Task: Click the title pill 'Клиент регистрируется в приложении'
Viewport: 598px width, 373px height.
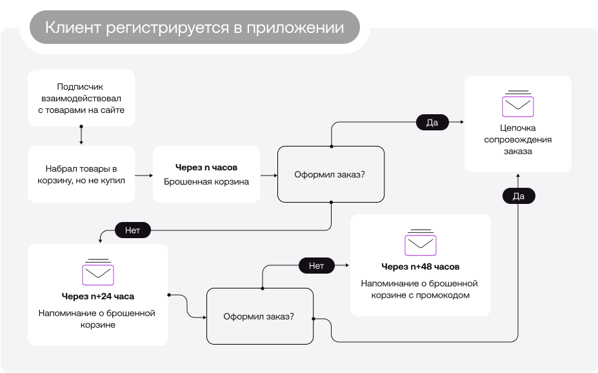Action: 194,28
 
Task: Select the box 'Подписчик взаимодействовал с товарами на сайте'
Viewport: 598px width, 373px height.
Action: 81,98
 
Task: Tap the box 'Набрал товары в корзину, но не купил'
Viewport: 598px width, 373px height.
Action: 81,174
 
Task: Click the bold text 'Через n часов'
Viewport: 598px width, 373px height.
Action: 206,168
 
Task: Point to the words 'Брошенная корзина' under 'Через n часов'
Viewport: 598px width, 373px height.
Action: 206,182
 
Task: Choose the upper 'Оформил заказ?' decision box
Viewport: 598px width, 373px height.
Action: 330,174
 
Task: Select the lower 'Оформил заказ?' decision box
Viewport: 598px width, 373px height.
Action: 259,316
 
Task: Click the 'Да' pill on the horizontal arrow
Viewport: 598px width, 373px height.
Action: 432,122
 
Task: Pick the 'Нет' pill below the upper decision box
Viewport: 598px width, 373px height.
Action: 132,229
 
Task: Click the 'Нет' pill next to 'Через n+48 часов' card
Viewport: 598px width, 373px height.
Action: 316,265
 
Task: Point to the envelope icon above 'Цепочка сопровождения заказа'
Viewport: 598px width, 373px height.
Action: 518,104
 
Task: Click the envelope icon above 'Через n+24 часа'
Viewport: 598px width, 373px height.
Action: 98,273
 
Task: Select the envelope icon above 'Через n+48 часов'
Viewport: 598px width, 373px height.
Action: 421,243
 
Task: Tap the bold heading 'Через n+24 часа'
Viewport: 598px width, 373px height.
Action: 98,297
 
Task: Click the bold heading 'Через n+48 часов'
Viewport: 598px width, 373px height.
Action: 421,267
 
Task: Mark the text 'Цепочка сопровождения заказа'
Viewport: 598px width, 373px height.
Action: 518,139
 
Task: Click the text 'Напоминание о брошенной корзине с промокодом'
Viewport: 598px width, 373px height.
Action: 421,289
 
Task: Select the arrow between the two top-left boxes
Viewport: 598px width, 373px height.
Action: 81,136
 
